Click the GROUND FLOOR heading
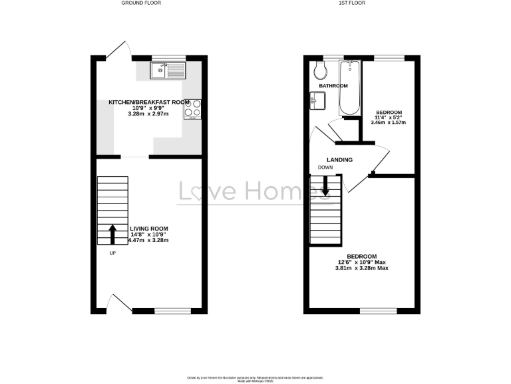pyautogui.click(x=140, y=3)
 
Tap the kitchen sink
pyautogui.click(x=168, y=68)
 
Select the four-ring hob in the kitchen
pyautogui.click(x=192, y=108)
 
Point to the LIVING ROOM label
pyautogui.click(x=149, y=228)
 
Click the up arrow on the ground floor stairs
pyautogui.click(x=112, y=233)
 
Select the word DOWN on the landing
pyautogui.click(x=325, y=168)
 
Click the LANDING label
pyautogui.click(x=339, y=160)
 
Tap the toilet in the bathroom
pyautogui.click(x=319, y=69)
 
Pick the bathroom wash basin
pyautogui.click(x=318, y=101)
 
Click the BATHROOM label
pyautogui.click(x=333, y=86)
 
